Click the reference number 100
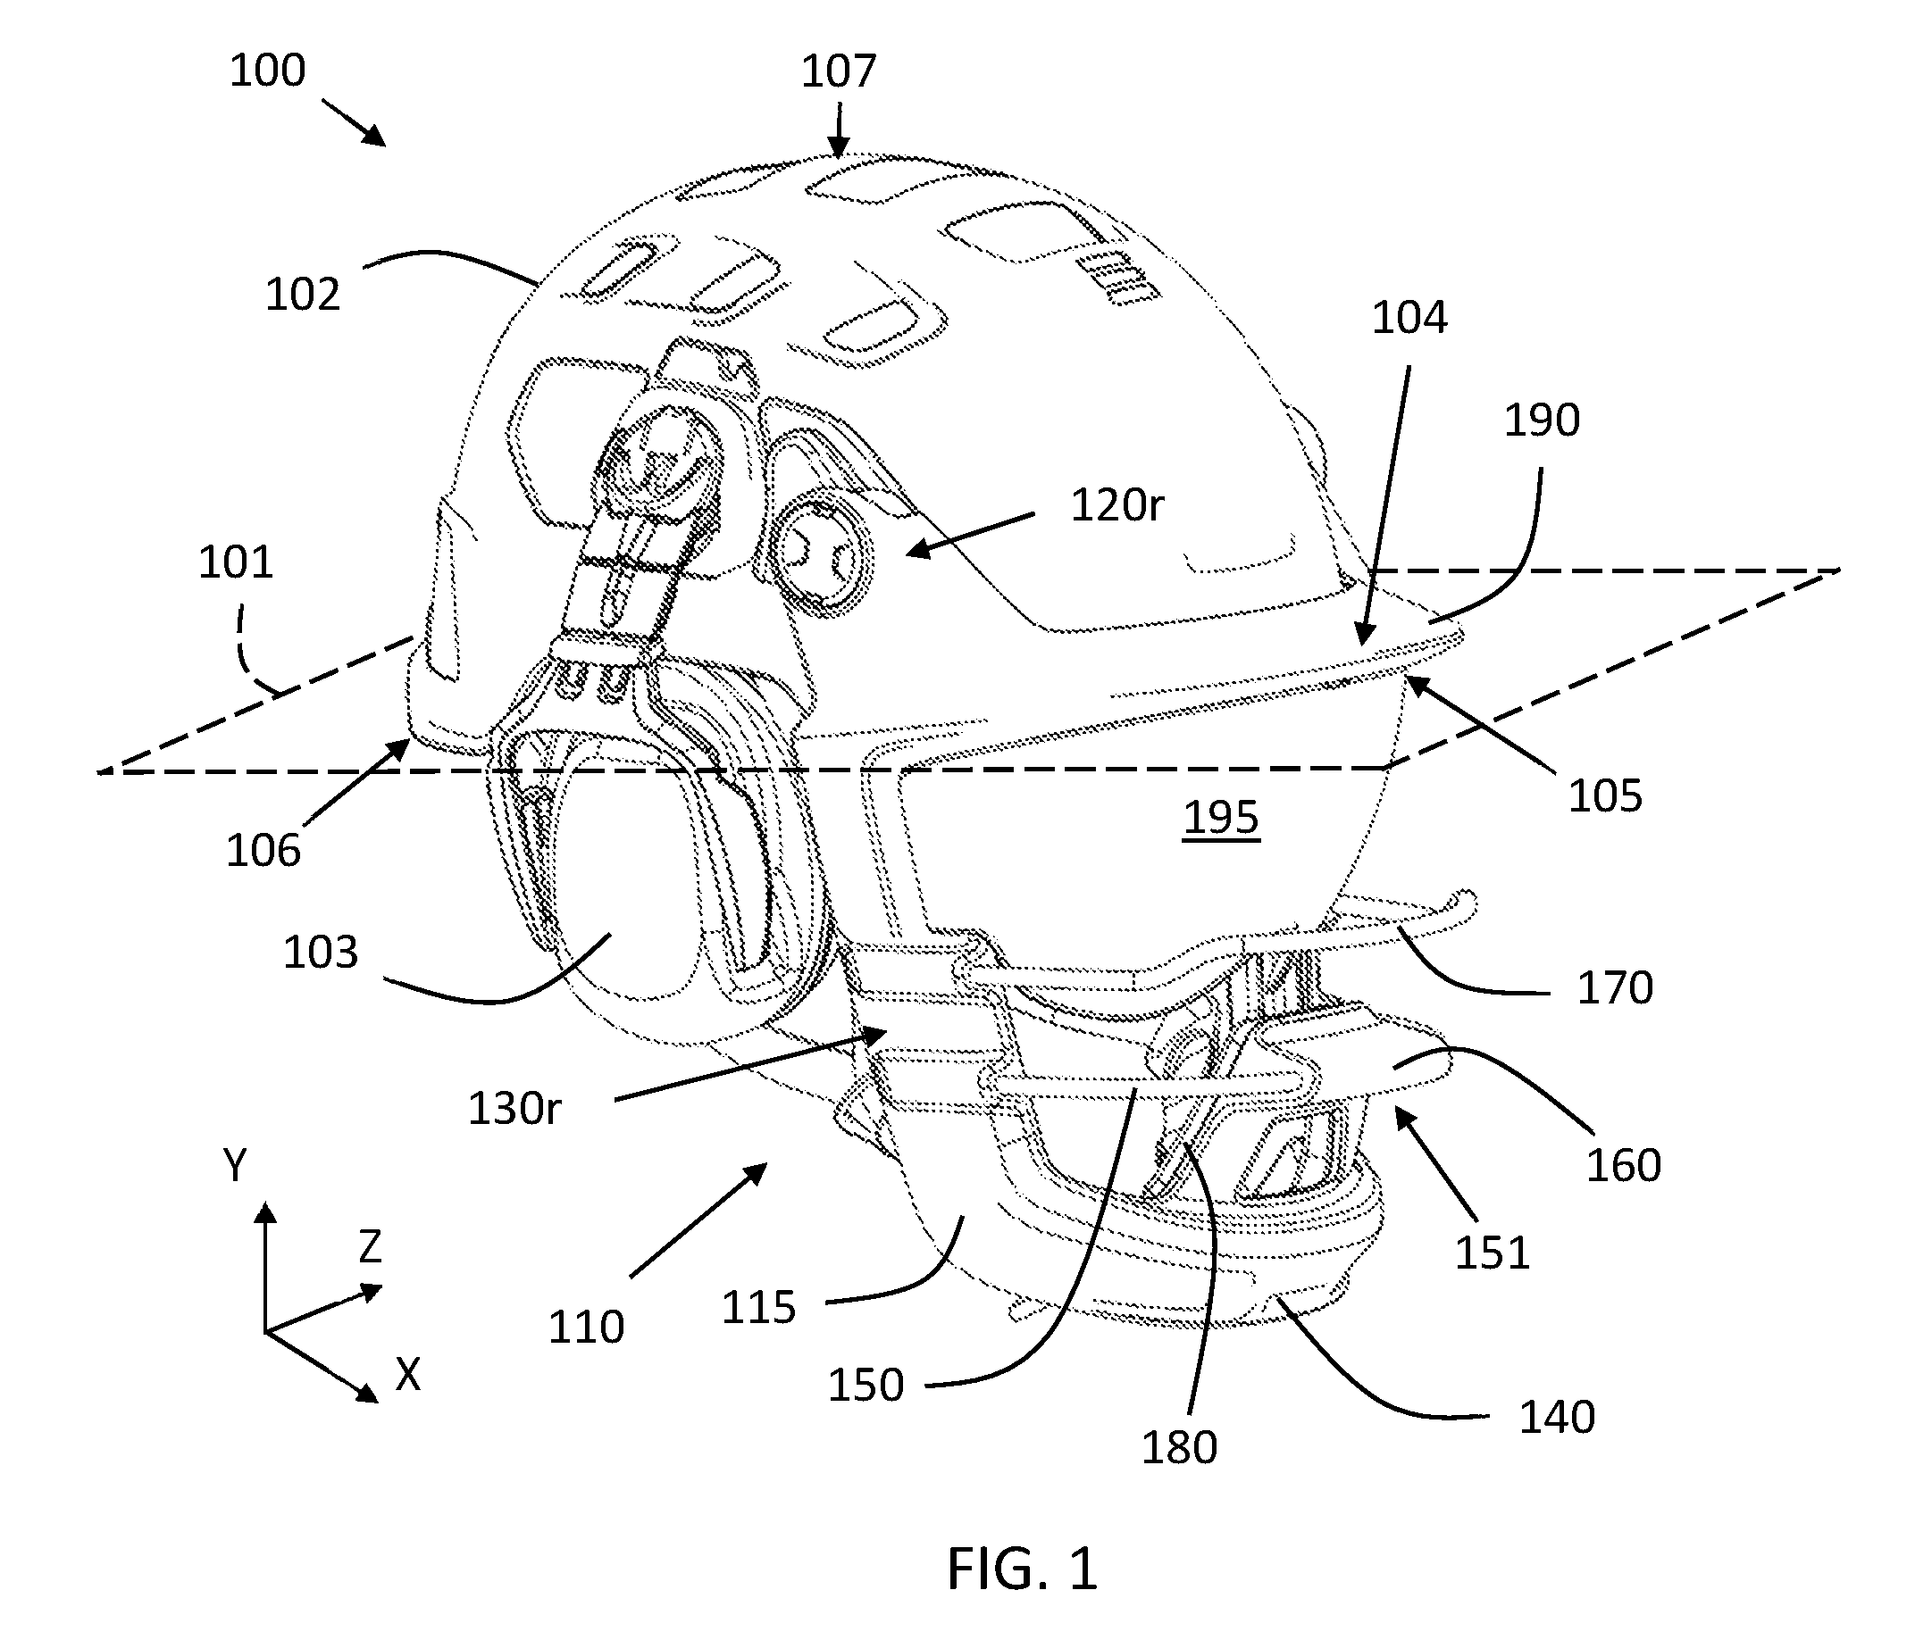coord(267,71)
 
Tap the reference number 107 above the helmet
coord(839,71)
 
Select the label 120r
coord(1117,505)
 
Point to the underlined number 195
coord(1221,818)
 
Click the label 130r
coord(514,1108)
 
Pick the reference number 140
coord(1558,1417)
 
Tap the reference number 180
coord(1179,1447)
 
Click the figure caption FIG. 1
coord(1022,1568)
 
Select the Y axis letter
coord(236,1166)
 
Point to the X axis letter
coord(407,1375)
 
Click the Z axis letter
coord(370,1247)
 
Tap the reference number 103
coord(320,952)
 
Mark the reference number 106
coord(263,850)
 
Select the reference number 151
coord(1493,1253)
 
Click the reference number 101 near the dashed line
coord(236,562)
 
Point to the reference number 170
coord(1615,987)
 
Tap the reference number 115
coord(759,1307)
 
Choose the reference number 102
coord(303,294)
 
